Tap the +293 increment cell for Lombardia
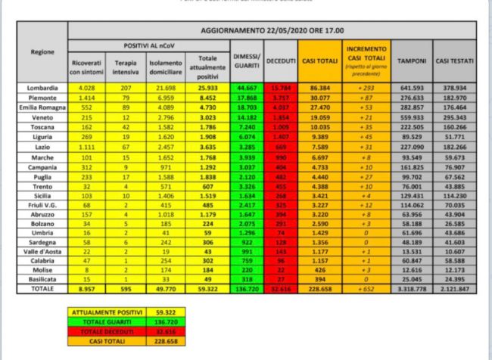click(365, 89)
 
